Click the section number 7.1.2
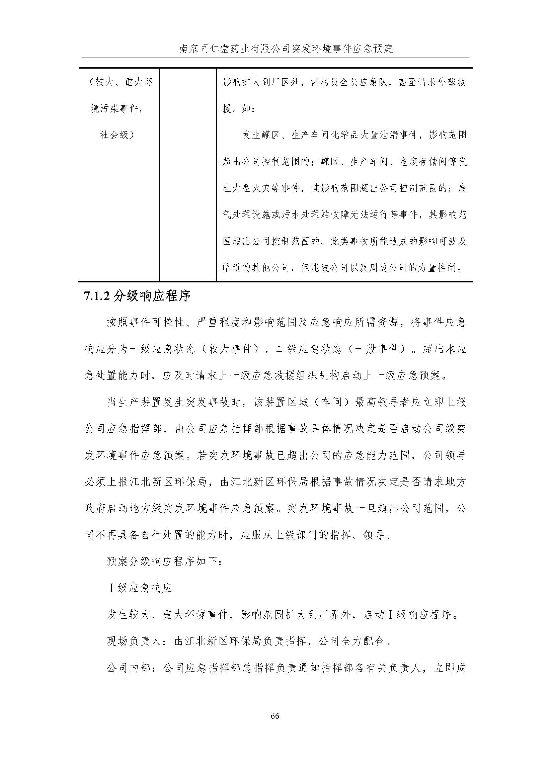(x=97, y=296)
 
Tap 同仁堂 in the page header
(x=214, y=49)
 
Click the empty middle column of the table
(x=188, y=175)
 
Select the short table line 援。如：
(x=238, y=109)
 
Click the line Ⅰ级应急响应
(x=140, y=588)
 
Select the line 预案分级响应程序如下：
(x=165, y=562)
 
